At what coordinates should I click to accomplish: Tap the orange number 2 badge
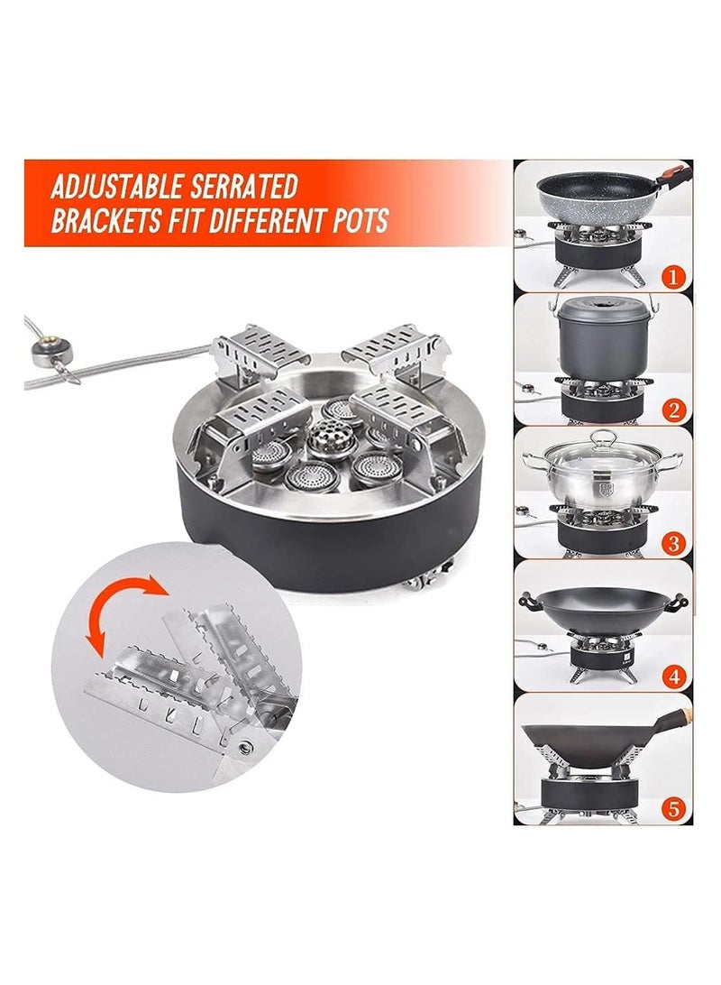click(672, 410)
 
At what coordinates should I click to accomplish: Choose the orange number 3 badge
click(672, 544)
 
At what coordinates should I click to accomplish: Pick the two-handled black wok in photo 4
click(602, 604)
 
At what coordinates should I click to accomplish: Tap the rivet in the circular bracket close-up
click(243, 745)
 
